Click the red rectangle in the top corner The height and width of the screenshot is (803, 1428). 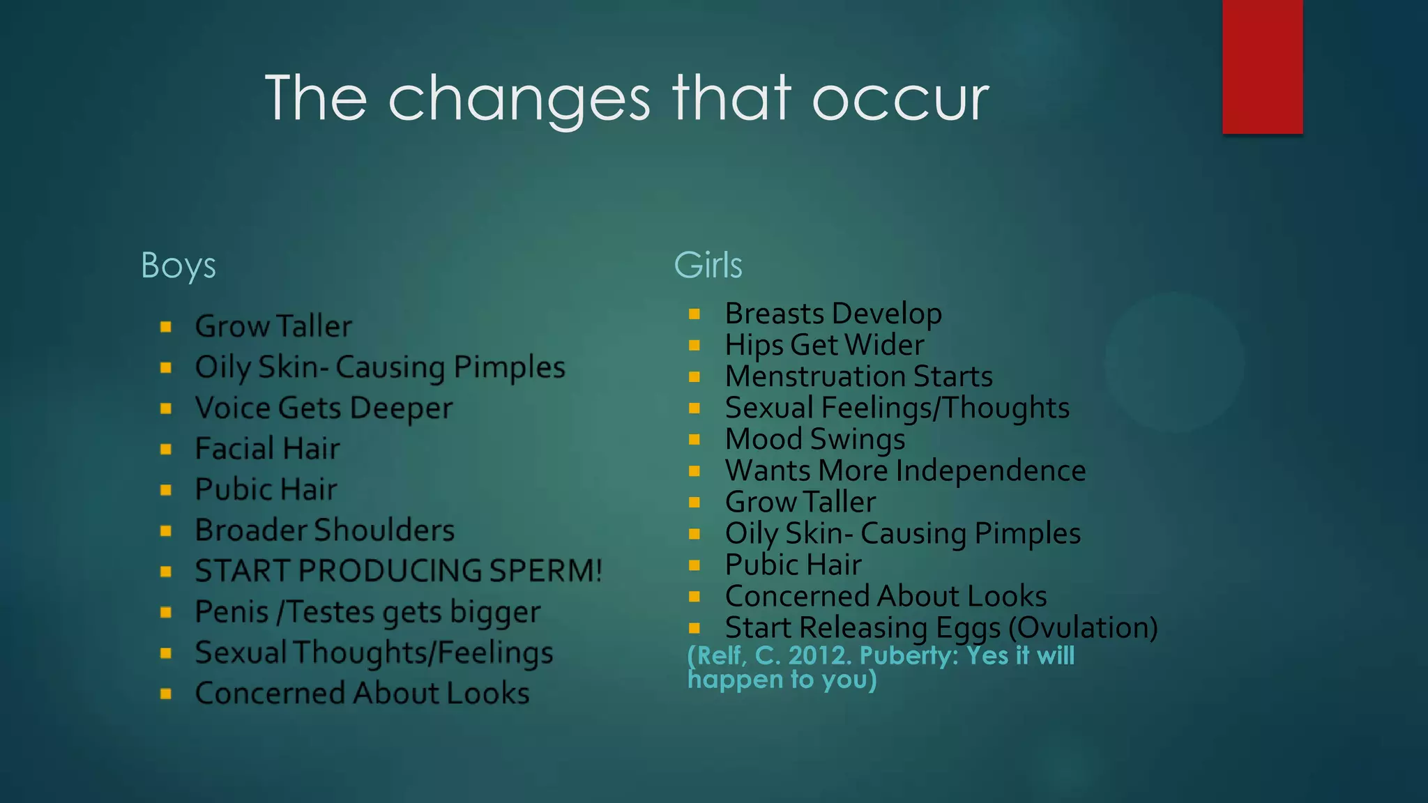coord(1262,66)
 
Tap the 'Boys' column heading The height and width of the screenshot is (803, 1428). coord(178,266)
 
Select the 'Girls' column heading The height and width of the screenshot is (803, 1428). coord(708,266)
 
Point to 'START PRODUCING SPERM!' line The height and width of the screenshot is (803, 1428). coord(398,571)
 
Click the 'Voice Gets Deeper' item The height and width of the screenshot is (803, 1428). coord(324,408)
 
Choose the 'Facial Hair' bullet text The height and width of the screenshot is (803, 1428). coord(267,448)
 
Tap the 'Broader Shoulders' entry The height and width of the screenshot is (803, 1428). coord(324,530)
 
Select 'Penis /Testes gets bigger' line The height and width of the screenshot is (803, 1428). coord(367,612)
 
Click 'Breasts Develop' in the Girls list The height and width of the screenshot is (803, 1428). coord(833,314)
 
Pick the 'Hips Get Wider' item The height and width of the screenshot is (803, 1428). coord(824,345)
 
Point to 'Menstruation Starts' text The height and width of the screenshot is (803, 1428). coord(858,376)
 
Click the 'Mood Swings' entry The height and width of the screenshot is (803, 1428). coord(814,439)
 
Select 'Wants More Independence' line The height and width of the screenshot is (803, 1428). coord(905,471)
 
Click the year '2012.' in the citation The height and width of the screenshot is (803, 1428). coord(820,656)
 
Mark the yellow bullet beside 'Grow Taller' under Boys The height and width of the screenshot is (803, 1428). coord(166,326)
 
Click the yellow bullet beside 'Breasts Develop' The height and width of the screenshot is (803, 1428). coord(694,314)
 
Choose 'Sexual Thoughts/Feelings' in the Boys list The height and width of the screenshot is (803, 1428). coord(374,652)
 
